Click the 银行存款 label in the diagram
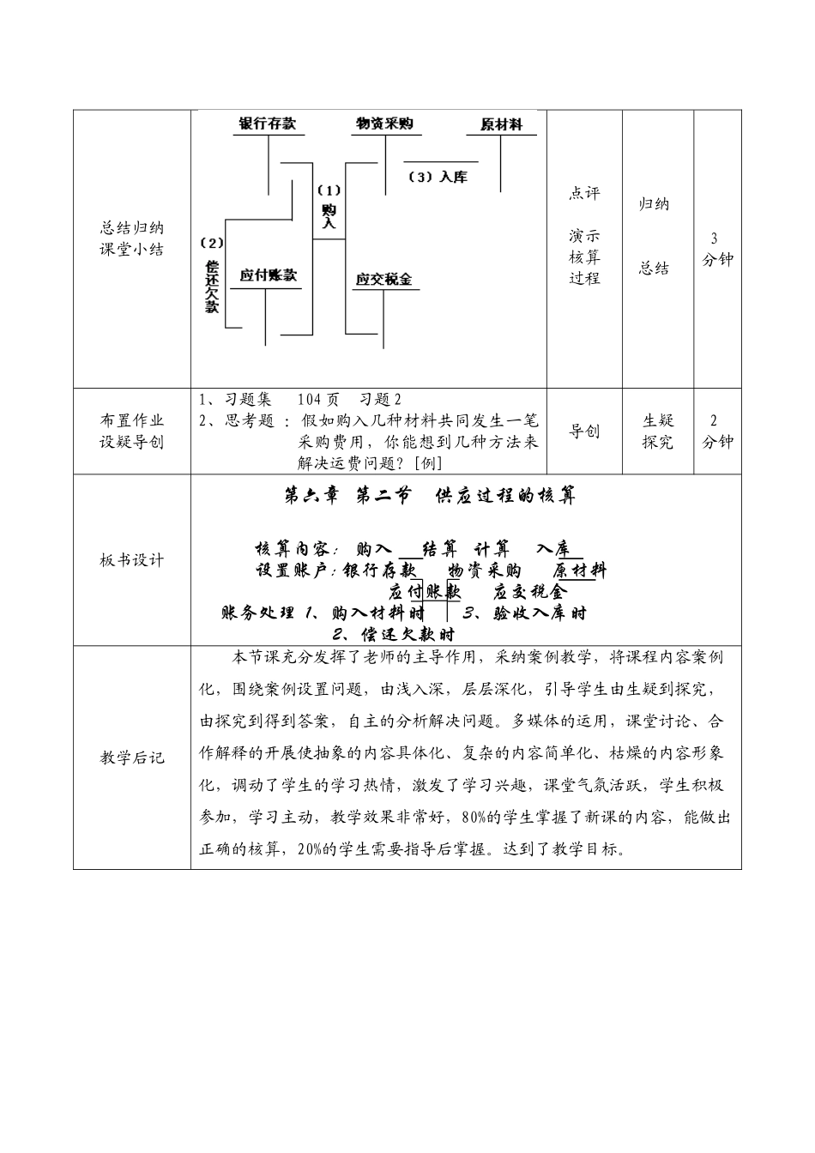(267, 124)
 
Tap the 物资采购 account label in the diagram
(384, 124)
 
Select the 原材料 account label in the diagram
(502, 125)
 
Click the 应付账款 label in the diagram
(268, 275)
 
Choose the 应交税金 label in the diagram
(383, 280)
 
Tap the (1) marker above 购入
(329, 190)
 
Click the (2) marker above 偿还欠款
(211, 243)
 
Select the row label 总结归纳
(132, 228)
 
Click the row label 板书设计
(132, 560)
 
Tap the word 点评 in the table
(584, 194)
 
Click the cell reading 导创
(584, 432)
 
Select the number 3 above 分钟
(715, 238)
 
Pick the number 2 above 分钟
(715, 420)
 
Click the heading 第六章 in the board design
(311, 496)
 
